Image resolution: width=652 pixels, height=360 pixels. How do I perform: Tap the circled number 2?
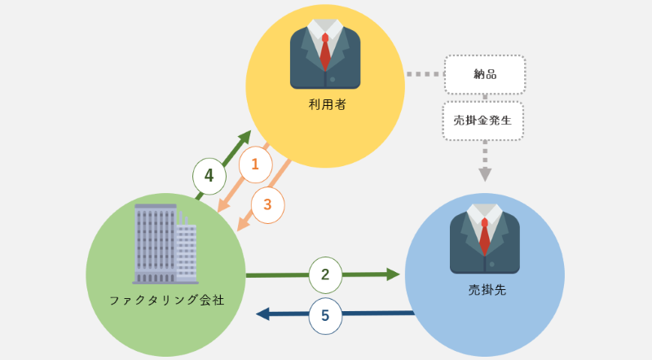[325, 274]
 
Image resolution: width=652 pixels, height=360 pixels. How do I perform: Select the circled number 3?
[267, 204]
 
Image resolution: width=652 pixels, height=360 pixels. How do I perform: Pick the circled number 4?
[209, 175]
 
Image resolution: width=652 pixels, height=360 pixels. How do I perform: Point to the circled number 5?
[325, 316]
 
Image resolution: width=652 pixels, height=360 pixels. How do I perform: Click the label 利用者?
[325, 104]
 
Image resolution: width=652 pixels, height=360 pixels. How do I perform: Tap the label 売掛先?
[486, 289]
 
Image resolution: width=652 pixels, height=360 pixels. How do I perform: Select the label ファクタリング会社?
[166, 300]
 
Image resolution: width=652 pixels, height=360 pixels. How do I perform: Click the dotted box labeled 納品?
[485, 75]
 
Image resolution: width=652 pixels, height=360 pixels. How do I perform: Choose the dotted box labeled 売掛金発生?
[483, 121]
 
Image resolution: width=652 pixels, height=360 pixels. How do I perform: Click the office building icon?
[165, 244]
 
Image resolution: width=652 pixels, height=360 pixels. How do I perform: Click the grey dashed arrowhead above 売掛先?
[485, 173]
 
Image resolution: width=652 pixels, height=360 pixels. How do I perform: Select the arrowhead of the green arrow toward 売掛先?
[394, 274]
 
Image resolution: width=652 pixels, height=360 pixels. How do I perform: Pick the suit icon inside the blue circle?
[485, 238]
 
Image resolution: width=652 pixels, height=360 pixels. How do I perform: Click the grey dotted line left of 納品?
[424, 74]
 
